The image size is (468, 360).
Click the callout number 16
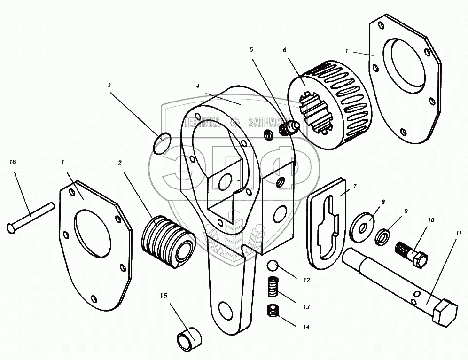click(x=12, y=162)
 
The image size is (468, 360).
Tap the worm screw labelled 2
click(x=168, y=243)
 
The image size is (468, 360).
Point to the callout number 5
click(x=251, y=49)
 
